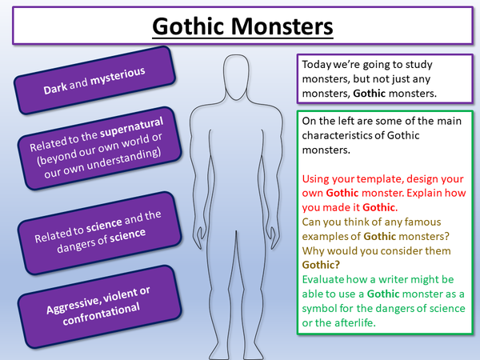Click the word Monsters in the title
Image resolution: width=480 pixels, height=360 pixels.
click(x=280, y=26)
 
